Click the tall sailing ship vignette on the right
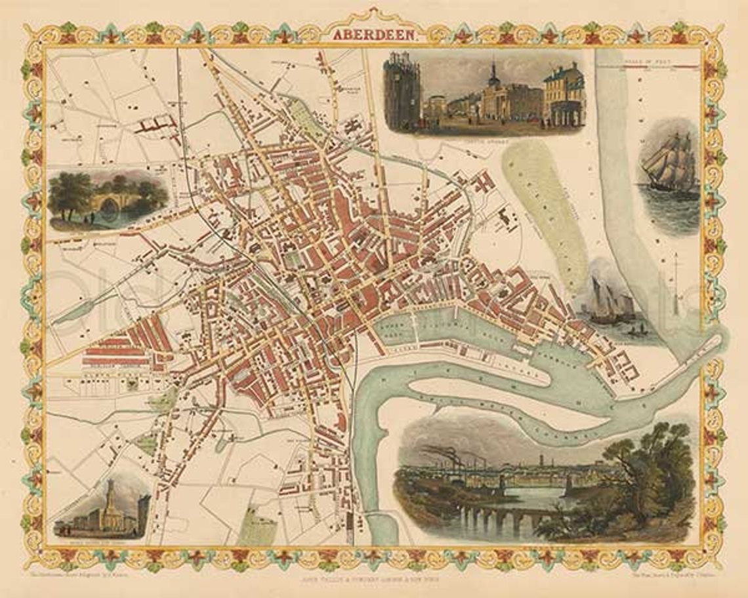[x=667, y=164]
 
